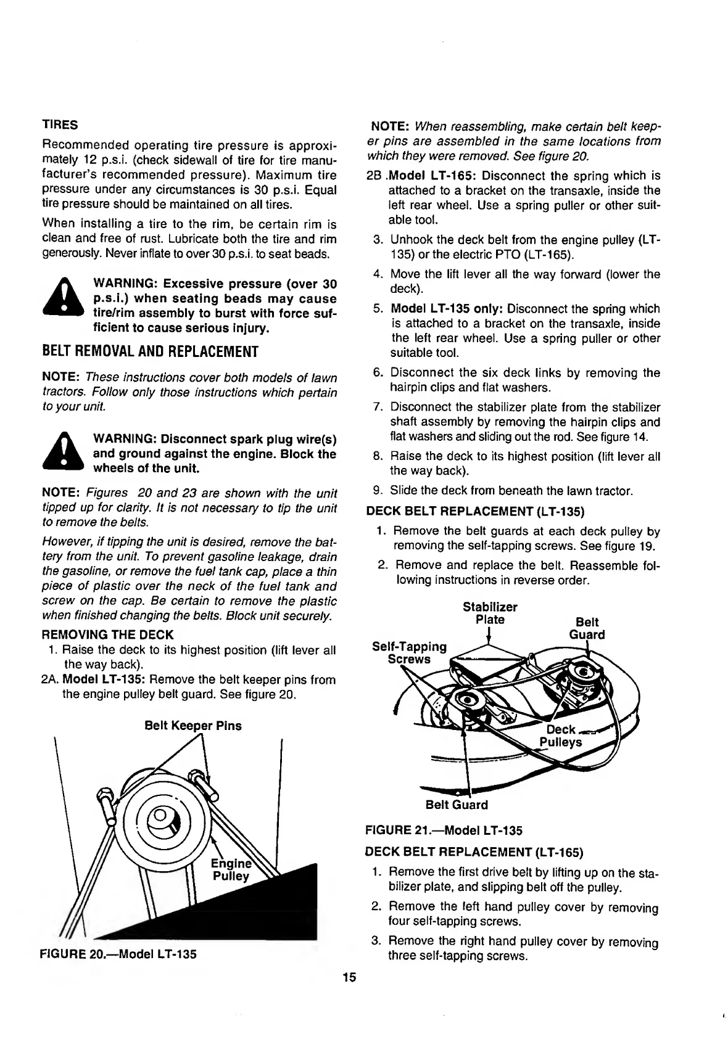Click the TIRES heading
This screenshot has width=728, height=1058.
point(59,125)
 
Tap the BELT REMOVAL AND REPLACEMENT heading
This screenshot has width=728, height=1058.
point(149,352)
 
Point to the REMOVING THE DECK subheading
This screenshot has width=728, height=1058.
point(107,635)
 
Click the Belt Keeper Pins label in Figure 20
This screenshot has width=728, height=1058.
point(192,726)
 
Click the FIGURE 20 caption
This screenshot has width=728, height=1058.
point(118,954)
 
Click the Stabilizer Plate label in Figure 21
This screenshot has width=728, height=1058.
point(490,613)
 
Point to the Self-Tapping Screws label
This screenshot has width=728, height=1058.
point(409,652)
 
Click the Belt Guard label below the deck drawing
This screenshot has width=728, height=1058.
point(457,805)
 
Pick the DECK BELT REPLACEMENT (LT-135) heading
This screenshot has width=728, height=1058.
point(475,511)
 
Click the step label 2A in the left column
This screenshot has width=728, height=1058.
point(51,680)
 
